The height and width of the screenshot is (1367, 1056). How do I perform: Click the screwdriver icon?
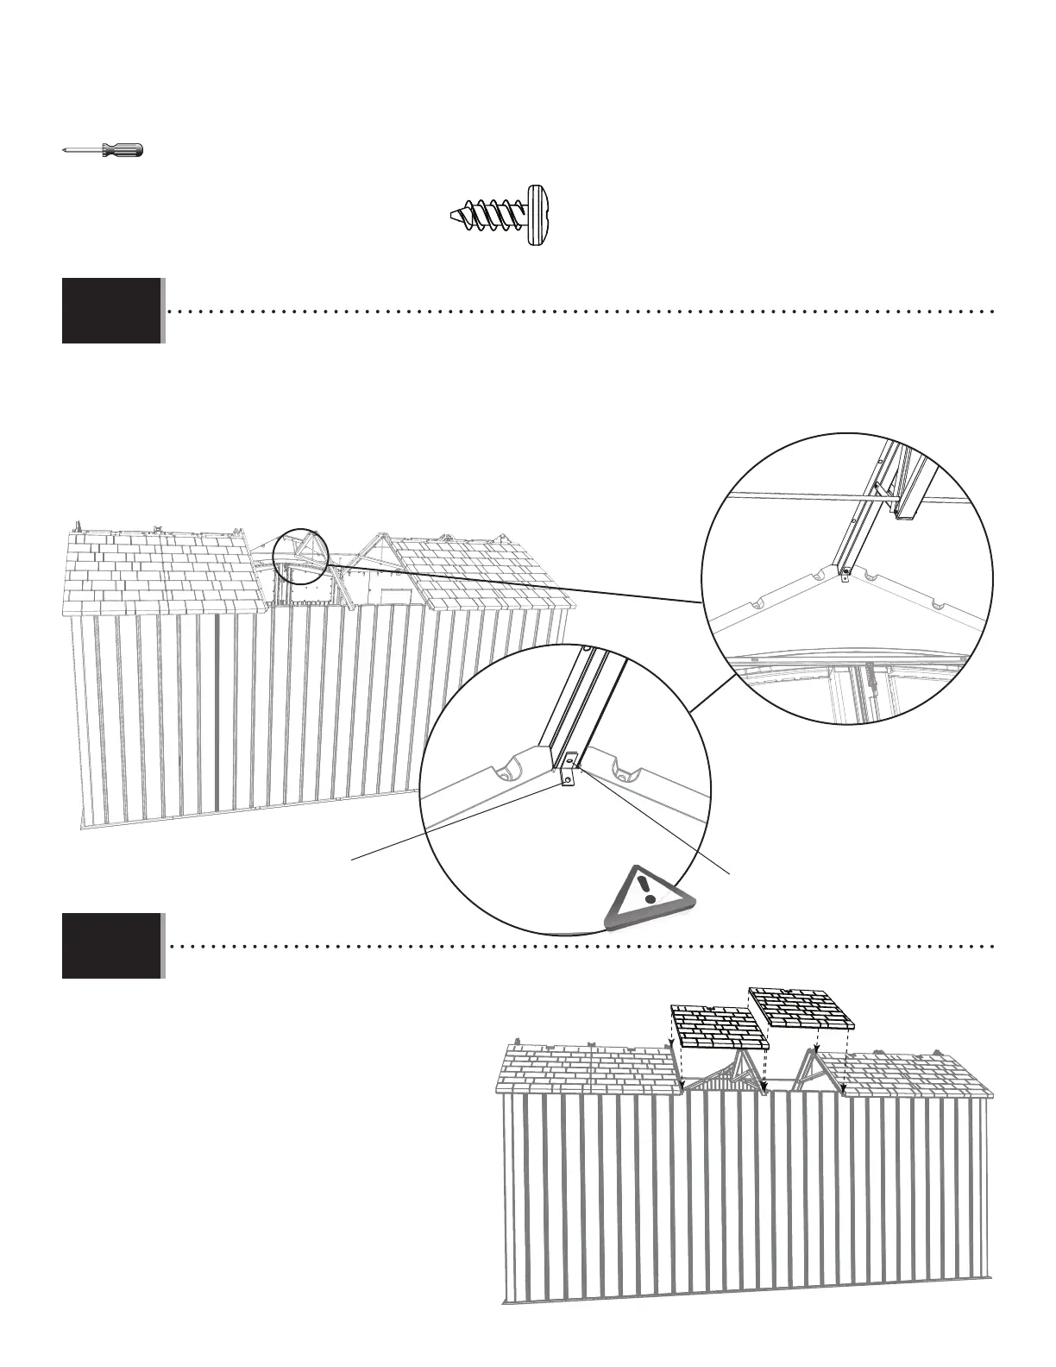pyautogui.click(x=104, y=150)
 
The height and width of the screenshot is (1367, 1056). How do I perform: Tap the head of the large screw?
pyautogui.click(x=538, y=215)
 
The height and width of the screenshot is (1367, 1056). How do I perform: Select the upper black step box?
pyautogui.click(x=111, y=311)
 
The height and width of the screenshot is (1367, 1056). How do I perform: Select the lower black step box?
pyautogui.click(x=111, y=946)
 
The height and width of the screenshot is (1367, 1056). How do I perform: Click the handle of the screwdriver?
pyautogui.click(x=123, y=150)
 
